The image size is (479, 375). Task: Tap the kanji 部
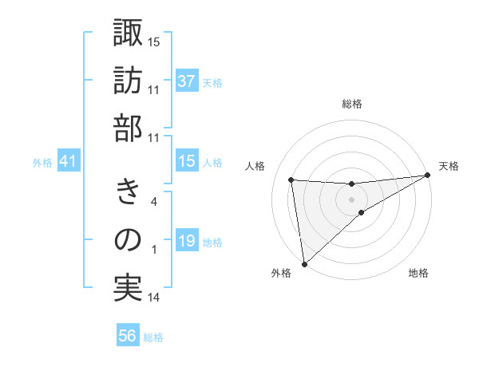click(128, 128)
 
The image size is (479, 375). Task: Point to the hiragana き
click(128, 191)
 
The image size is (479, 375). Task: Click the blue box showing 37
click(186, 81)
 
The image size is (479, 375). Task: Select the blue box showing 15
click(186, 162)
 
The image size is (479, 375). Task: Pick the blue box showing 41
click(68, 162)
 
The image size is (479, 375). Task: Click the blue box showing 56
click(127, 337)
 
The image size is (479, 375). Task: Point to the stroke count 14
click(154, 298)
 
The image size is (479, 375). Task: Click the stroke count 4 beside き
click(154, 202)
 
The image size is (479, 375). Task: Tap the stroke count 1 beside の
click(154, 250)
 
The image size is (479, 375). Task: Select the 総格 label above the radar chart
click(352, 105)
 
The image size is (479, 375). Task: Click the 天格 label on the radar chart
click(449, 166)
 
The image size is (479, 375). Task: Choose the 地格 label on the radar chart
click(418, 274)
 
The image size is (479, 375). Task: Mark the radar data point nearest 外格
click(303, 263)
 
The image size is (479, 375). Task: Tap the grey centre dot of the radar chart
click(352, 198)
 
